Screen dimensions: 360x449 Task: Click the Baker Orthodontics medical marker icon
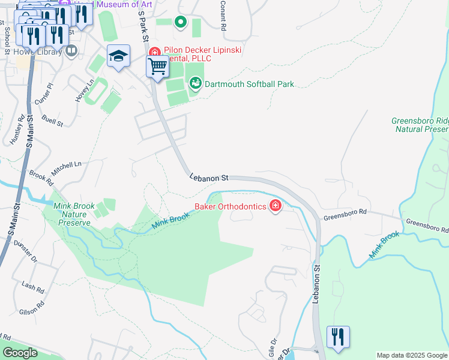pos(276,206)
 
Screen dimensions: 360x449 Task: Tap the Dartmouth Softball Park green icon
pos(194,84)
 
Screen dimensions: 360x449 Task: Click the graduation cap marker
pos(119,56)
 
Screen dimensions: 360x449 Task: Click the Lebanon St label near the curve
pos(209,178)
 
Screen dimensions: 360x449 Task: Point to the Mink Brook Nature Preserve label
pos(74,214)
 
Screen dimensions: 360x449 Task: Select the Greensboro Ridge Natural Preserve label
pos(420,124)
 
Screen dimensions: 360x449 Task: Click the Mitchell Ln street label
pos(66,168)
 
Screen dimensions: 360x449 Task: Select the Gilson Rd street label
pos(32,308)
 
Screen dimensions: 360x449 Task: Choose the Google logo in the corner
pos(20,353)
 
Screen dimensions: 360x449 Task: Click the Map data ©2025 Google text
pos(411,355)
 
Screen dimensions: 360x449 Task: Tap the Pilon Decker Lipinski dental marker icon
pos(154,52)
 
